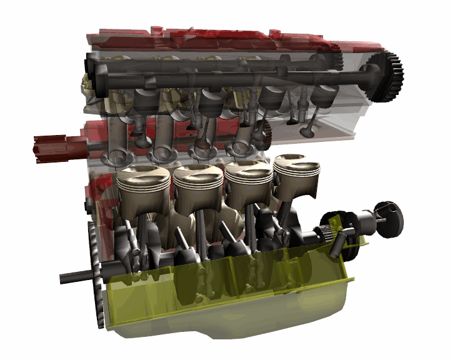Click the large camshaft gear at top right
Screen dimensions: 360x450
click(383, 77)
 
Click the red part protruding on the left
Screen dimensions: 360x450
click(60, 148)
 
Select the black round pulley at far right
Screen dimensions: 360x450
click(389, 219)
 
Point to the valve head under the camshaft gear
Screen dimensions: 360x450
click(307, 132)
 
